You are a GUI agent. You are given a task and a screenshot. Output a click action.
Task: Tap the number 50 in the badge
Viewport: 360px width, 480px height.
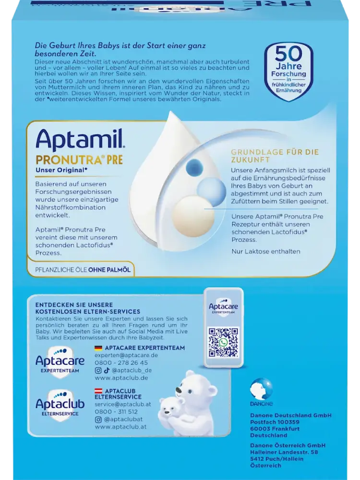(x=288, y=54)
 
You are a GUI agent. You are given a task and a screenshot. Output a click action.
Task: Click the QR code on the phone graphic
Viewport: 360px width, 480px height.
(x=223, y=342)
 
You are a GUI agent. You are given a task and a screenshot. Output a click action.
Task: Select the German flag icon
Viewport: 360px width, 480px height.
(x=98, y=348)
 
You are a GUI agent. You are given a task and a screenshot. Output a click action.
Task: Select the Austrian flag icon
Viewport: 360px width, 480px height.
(x=98, y=391)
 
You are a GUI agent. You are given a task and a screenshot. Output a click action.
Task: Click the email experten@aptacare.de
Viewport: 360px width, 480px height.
(x=126, y=355)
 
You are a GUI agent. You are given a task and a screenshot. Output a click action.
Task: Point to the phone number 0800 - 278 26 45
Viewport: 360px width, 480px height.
(x=121, y=363)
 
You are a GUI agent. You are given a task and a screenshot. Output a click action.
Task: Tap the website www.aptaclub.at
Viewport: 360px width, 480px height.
(x=120, y=427)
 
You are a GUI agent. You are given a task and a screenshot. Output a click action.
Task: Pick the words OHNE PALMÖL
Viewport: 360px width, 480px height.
(x=109, y=270)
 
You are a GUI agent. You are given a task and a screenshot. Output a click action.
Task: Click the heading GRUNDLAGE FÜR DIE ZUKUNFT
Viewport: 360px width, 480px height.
(x=275, y=156)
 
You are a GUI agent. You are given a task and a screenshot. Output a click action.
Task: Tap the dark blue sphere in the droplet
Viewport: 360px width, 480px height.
(x=194, y=167)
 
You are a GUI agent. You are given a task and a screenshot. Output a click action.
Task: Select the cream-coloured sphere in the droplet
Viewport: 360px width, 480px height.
(x=191, y=212)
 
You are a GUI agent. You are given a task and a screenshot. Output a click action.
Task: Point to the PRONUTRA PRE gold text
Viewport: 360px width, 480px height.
(x=79, y=160)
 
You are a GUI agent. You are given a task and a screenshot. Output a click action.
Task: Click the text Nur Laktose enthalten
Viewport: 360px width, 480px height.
(x=266, y=252)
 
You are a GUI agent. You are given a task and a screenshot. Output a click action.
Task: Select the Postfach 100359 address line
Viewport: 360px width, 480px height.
(x=275, y=422)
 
